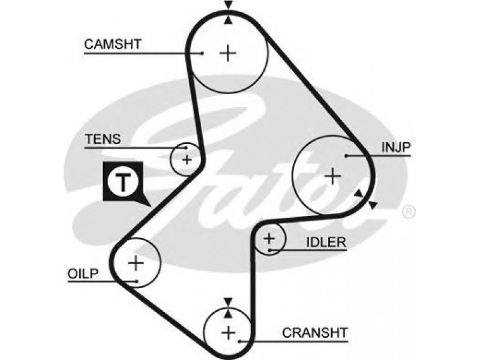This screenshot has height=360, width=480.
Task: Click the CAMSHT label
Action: [x=113, y=44]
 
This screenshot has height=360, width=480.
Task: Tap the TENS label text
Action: [x=103, y=139]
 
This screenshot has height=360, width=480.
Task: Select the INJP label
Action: [x=395, y=147]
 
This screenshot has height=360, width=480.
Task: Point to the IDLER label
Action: [x=326, y=242]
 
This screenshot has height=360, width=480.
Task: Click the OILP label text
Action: [x=83, y=274]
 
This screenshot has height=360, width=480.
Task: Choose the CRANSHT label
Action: [x=315, y=332]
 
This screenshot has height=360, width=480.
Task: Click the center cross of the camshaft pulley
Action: [x=228, y=53]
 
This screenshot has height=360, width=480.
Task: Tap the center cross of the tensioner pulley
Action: [x=187, y=160]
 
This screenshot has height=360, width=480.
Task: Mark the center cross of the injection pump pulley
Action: [x=332, y=176]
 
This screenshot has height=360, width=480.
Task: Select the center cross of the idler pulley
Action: [x=269, y=238]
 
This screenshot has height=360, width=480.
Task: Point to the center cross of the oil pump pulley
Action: [x=136, y=263]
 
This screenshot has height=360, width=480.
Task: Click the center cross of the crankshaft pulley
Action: [x=229, y=332]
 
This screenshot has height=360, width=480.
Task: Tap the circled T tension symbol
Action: [x=123, y=182]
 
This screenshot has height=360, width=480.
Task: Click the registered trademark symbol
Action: [x=409, y=212]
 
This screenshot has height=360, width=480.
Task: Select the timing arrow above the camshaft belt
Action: [x=228, y=5]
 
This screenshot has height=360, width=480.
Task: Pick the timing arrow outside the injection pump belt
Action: [x=373, y=205]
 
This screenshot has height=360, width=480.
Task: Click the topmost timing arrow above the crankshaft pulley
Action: [x=228, y=302]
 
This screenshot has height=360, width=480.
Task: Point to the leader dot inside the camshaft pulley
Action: [x=202, y=53]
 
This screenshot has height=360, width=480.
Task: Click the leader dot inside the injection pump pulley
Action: [x=346, y=156]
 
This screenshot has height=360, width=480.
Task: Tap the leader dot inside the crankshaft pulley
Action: [x=240, y=341]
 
